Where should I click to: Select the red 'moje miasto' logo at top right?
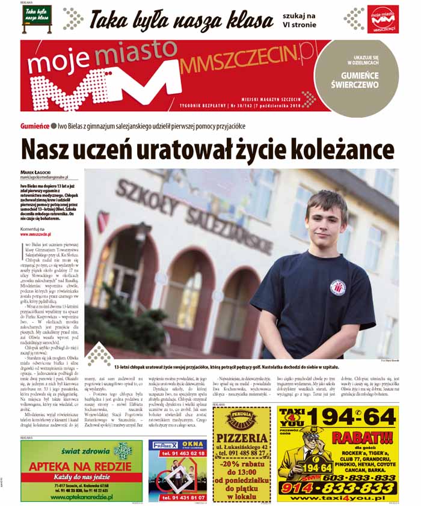[384, 20]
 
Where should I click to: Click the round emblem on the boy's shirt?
[337, 287]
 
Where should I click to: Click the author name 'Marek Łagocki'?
[35, 172]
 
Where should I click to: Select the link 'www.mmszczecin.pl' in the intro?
[35, 234]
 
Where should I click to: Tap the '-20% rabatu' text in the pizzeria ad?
[242, 463]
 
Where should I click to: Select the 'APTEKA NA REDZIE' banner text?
[81, 467]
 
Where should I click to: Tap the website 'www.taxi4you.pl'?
[337, 499]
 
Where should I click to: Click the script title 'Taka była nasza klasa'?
[180, 20]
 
